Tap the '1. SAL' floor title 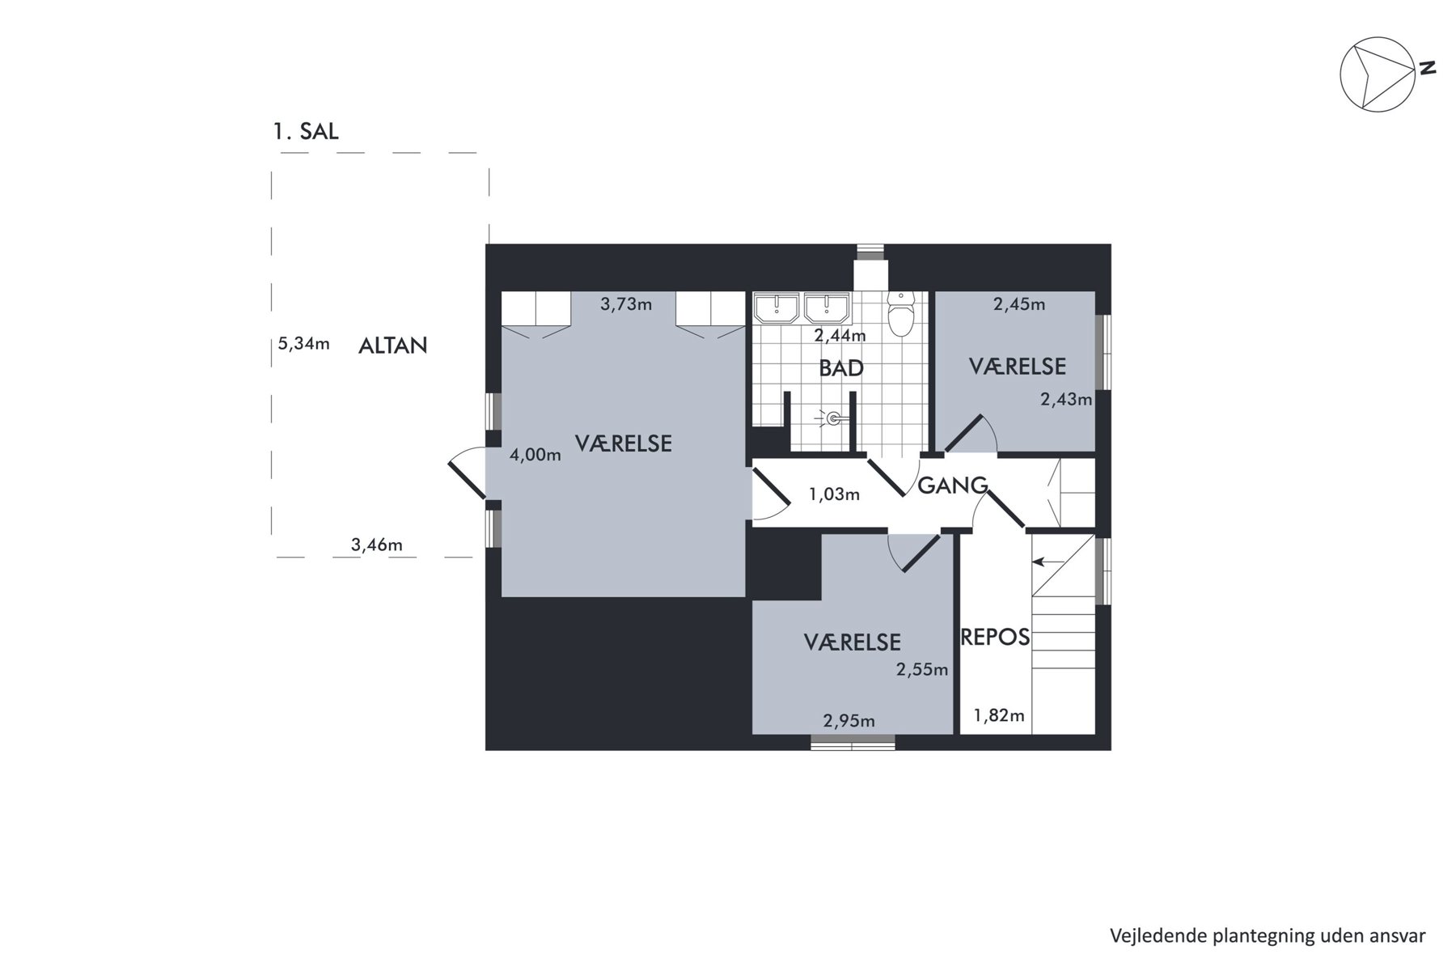(x=306, y=131)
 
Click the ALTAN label (x=393, y=346)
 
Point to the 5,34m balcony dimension (x=304, y=344)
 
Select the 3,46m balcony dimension (x=376, y=545)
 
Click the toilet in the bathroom (x=901, y=314)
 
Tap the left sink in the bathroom (x=777, y=307)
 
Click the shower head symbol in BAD (x=834, y=418)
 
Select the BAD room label (x=841, y=369)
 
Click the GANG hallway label (x=952, y=485)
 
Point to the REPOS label (x=995, y=638)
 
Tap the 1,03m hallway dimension (x=834, y=494)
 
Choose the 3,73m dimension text (x=626, y=305)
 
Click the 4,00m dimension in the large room (x=535, y=456)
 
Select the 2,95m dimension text (x=849, y=721)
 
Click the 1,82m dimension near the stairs (x=999, y=715)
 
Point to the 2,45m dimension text (x=1019, y=305)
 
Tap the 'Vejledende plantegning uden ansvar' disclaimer (x=1268, y=936)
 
